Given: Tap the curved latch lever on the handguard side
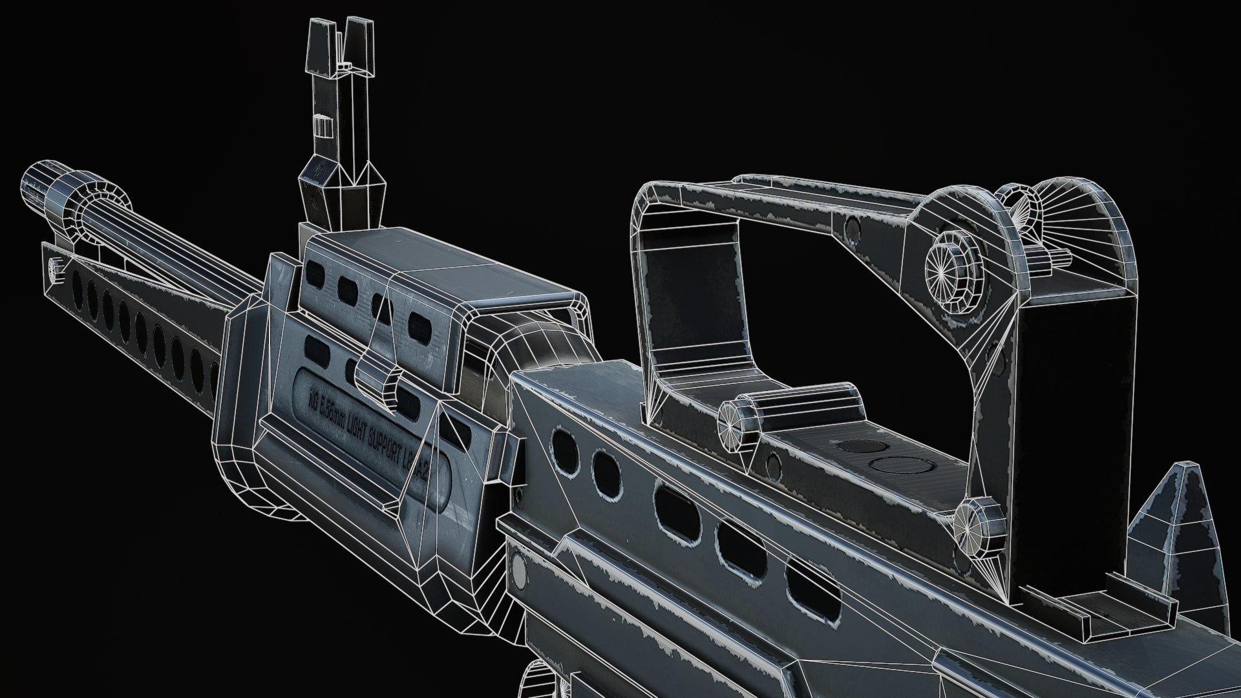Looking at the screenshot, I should (x=381, y=381).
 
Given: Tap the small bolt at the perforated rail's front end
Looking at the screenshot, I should (x=54, y=267).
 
